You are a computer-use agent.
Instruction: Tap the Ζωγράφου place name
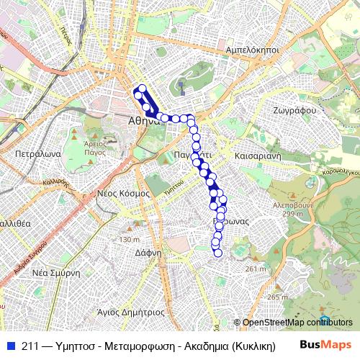tap(295, 111)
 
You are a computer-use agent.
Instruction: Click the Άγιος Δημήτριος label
tap(131, 312)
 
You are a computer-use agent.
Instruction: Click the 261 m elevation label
tap(256, 269)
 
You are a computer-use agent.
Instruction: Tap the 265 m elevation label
tap(276, 297)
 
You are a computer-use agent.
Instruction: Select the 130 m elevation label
tap(129, 239)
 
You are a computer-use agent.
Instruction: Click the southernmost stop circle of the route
tap(218, 253)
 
